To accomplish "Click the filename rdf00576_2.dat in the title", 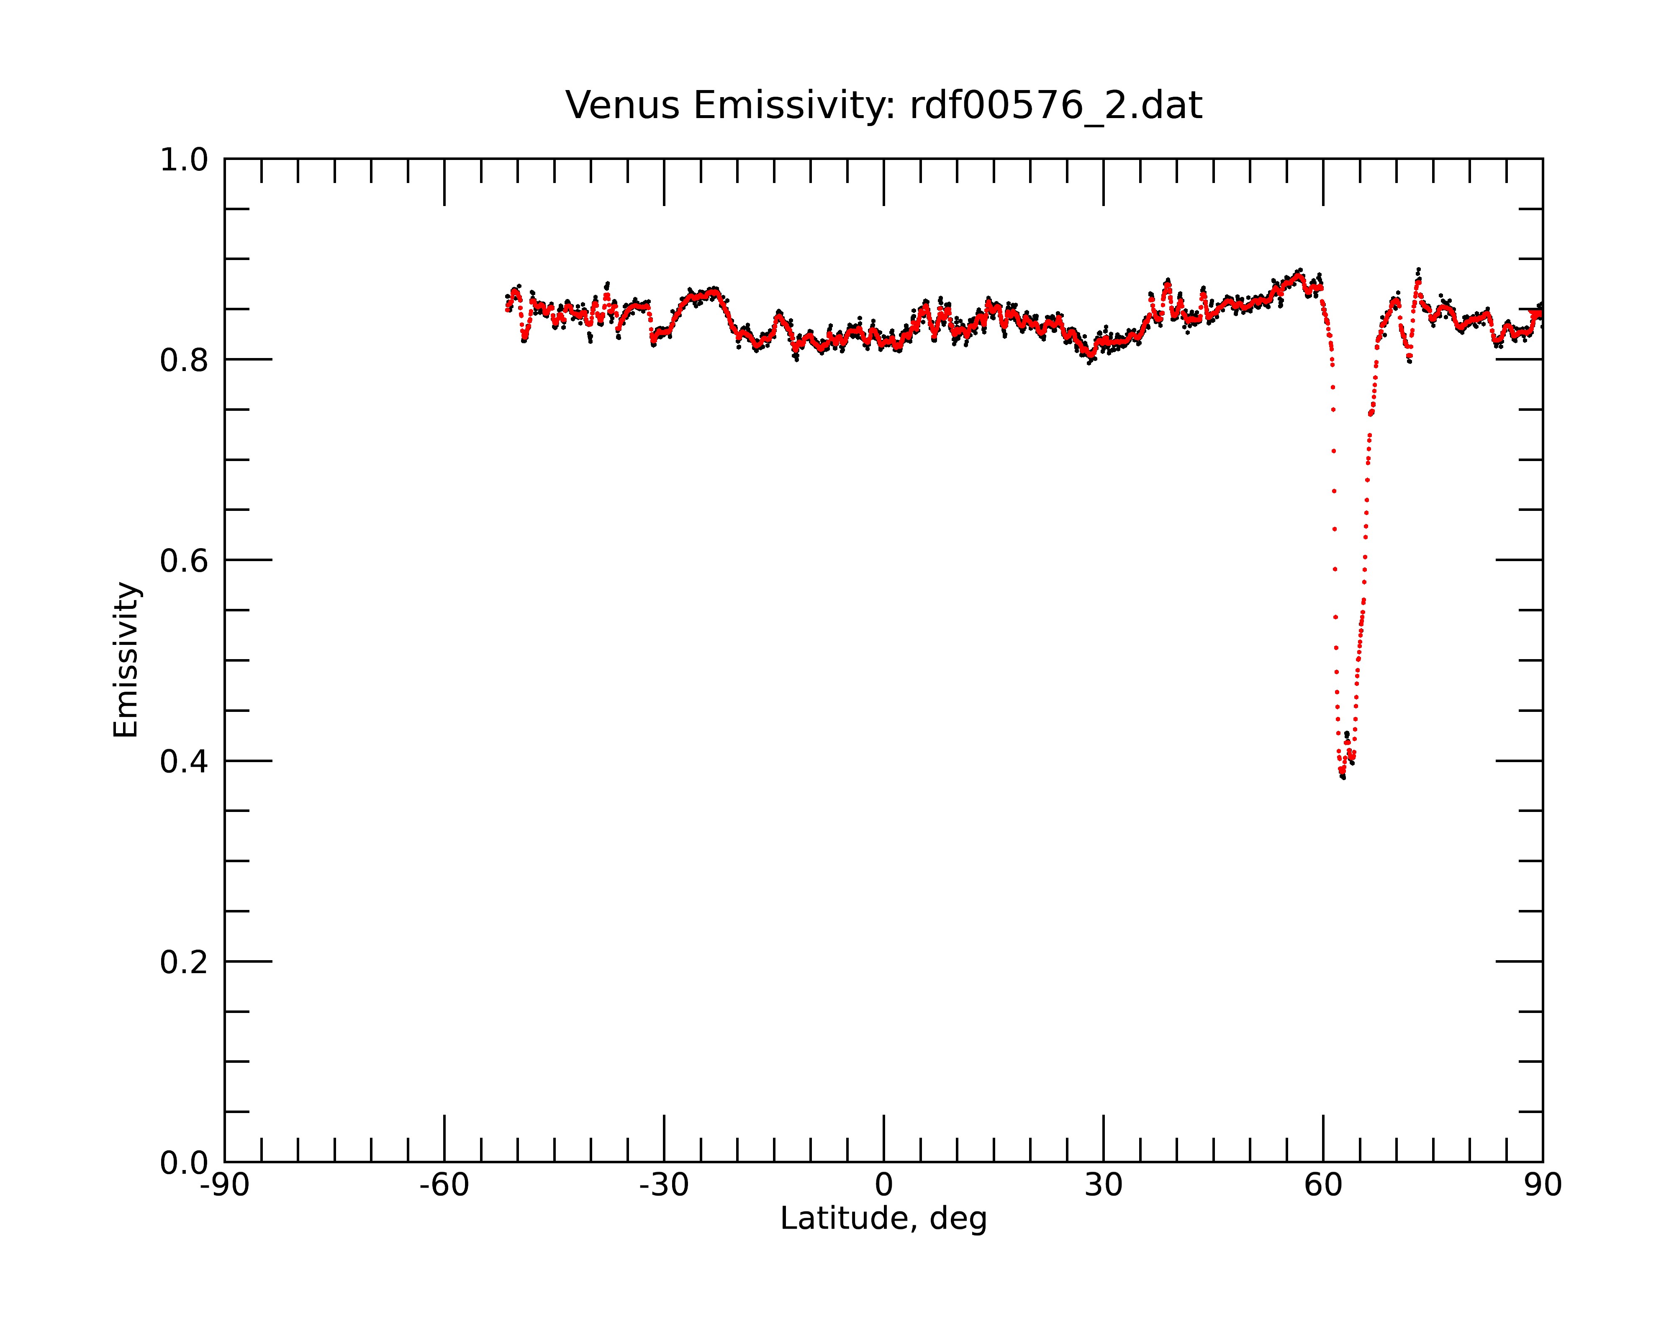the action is click(x=1056, y=106).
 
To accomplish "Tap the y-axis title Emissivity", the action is click(x=126, y=660).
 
